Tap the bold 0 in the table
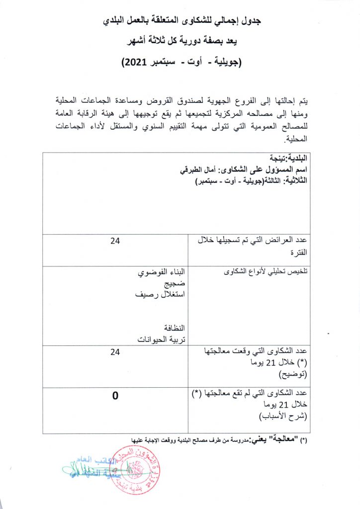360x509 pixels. click(115, 396)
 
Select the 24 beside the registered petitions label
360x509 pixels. click(115, 242)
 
